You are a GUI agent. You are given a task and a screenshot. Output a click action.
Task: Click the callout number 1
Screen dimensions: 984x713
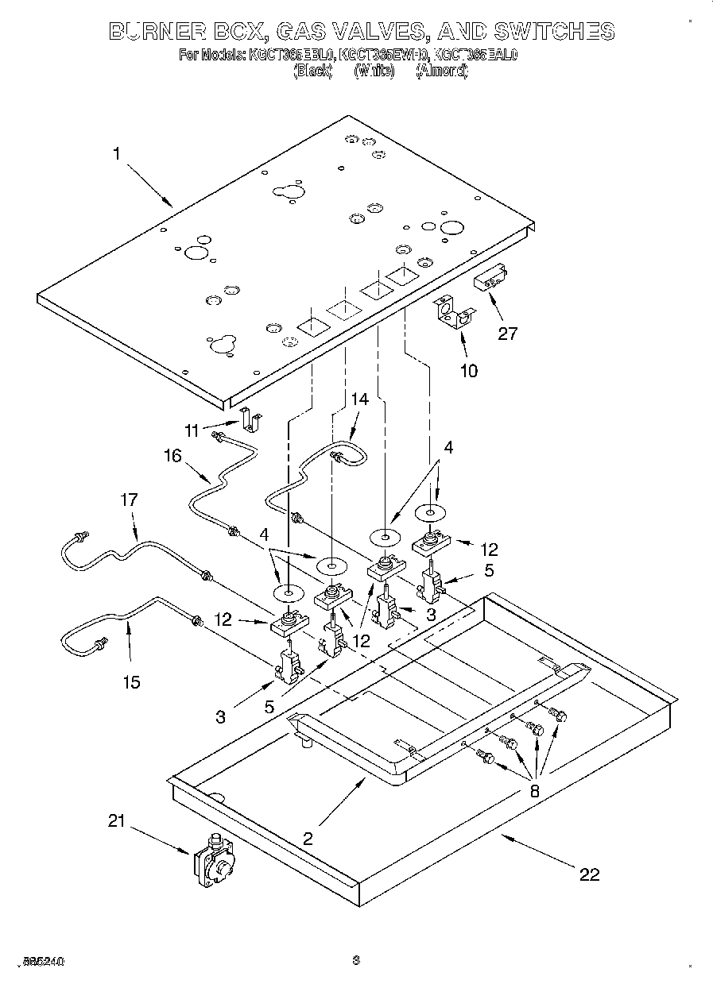coord(117,154)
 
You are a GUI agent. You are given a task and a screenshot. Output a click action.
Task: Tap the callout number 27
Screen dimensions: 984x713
coord(506,333)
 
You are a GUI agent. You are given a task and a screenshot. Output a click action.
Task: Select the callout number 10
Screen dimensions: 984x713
coord(469,370)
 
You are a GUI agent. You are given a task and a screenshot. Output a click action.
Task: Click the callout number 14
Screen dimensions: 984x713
coord(360,399)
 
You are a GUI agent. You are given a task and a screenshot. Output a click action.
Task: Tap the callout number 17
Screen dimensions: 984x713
coord(129,500)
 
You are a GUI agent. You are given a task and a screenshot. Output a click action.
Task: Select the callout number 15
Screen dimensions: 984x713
coord(131,681)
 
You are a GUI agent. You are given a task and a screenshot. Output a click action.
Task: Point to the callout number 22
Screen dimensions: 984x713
coord(589,874)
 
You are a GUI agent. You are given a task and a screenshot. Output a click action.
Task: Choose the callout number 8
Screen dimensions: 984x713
coord(534,790)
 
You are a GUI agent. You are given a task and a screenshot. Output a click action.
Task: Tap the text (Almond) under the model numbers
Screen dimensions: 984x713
coord(442,71)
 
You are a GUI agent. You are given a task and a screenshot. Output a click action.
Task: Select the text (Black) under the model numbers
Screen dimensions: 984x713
coord(312,71)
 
